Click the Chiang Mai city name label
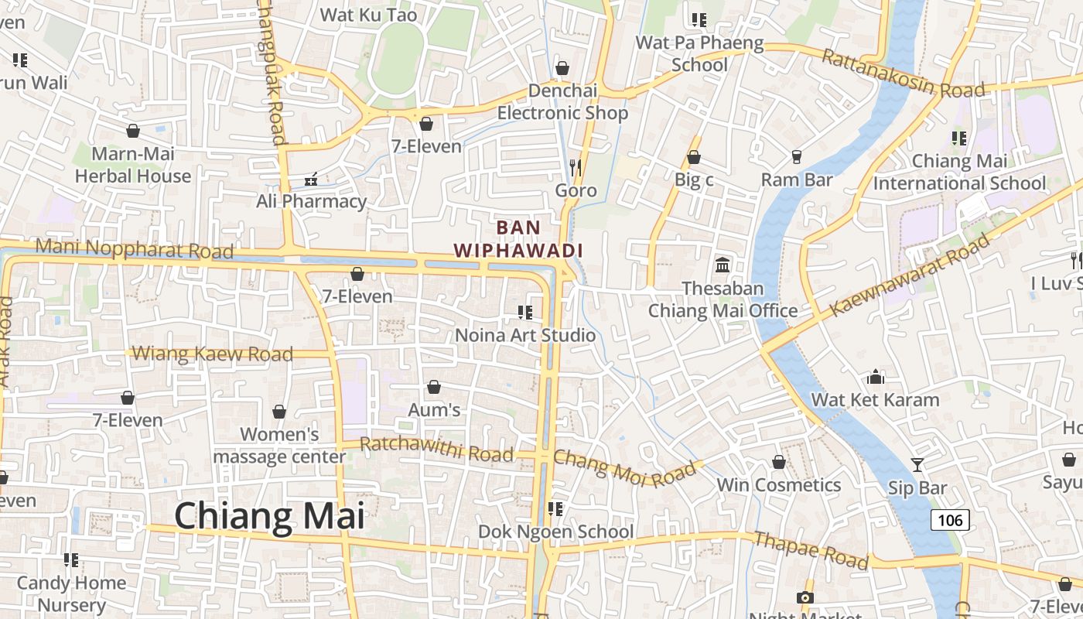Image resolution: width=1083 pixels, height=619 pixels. click(269, 515)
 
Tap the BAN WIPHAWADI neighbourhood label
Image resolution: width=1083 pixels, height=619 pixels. click(518, 239)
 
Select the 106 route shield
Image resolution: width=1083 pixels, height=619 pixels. click(950, 520)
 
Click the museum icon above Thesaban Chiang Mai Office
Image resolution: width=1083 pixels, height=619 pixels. click(723, 265)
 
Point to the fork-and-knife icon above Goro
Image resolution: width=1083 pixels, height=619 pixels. click(575, 167)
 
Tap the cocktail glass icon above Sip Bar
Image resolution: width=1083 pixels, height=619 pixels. click(917, 464)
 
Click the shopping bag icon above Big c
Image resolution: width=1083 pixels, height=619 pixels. click(694, 157)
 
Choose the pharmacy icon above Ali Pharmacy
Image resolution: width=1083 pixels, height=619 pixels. click(311, 180)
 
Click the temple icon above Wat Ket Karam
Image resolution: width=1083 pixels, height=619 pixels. click(876, 377)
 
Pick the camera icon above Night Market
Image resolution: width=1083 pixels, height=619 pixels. click(805, 597)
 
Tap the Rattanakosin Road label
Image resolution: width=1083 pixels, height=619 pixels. click(903, 74)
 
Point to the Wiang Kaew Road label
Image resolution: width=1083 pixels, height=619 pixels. click(213, 354)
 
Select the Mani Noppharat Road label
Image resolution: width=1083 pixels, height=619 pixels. click(135, 249)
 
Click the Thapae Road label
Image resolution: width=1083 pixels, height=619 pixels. click(811, 550)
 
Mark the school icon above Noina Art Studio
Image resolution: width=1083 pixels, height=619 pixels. click(525, 312)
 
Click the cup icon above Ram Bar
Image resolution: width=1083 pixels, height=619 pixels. click(797, 157)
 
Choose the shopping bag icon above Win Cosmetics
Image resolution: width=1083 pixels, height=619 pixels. click(779, 462)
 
